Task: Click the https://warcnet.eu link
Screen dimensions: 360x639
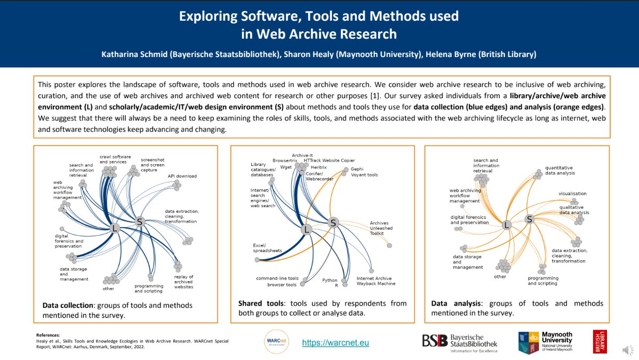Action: point(336,343)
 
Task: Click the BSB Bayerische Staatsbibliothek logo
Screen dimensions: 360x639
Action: point(460,343)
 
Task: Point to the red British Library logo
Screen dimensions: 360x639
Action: point(600,341)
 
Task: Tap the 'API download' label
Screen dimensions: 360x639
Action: point(182,176)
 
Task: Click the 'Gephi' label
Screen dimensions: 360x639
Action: point(357,169)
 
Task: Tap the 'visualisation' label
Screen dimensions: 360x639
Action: point(572,194)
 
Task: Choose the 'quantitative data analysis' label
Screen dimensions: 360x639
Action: point(560,170)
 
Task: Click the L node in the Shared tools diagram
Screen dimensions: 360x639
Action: point(306,229)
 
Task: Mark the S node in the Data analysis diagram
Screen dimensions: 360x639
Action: point(529,219)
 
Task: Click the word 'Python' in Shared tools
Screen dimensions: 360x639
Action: point(330,280)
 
